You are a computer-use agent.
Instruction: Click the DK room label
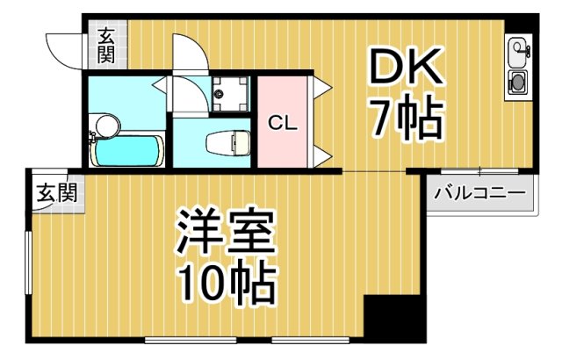403,67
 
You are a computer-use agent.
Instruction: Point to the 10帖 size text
227,282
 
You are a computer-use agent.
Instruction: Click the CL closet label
282,123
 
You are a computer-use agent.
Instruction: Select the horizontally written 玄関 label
54,192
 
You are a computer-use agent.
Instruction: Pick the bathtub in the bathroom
128,151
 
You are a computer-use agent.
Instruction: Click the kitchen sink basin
516,48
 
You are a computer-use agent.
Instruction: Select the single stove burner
516,84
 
